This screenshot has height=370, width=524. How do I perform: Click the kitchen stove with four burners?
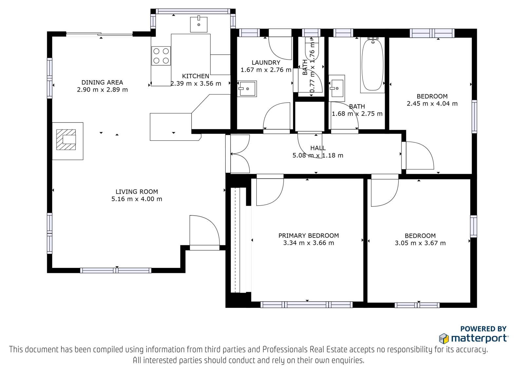[x=161, y=56]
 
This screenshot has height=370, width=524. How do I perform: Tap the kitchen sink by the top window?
[x=198, y=24]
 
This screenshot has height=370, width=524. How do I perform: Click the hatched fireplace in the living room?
[x=66, y=140]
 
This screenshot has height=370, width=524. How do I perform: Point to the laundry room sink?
[x=247, y=89]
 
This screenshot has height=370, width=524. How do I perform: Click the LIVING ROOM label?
[x=137, y=192]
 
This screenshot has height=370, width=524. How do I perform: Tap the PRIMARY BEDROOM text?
[x=309, y=236]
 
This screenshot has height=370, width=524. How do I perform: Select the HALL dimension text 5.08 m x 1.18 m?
[x=318, y=155]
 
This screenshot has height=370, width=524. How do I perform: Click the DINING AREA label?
[x=102, y=82]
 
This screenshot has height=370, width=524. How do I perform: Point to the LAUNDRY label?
[x=266, y=62]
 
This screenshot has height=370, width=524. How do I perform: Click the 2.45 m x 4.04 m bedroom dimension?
[x=432, y=104]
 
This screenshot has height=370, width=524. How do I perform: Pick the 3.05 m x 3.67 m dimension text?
[x=420, y=243]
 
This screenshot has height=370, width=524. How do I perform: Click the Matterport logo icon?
[x=444, y=339]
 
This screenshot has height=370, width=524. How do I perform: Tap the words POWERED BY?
[x=483, y=329]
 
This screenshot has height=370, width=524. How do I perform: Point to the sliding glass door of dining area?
[x=100, y=35]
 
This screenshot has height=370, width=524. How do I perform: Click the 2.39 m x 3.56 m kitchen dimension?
[x=196, y=83]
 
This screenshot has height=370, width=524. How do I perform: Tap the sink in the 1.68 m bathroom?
[x=337, y=88]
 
